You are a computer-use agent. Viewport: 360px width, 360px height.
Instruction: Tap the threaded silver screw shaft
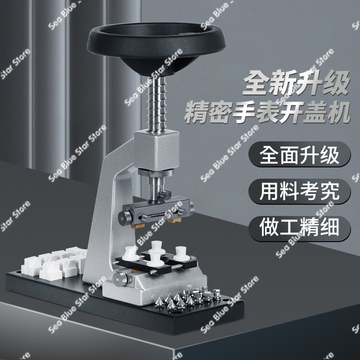[157, 104]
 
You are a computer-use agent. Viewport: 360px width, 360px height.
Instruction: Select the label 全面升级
[299, 155]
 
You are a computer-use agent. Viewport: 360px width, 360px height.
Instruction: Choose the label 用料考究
[299, 191]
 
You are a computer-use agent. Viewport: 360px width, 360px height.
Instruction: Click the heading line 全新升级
[296, 83]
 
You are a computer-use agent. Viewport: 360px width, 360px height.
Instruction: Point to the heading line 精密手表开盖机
[267, 113]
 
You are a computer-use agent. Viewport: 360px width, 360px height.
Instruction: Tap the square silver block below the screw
[157, 150]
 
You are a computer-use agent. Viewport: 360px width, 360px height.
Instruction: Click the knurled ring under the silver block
[156, 172]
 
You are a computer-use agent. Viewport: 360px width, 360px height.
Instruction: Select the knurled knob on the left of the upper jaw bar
[125, 217]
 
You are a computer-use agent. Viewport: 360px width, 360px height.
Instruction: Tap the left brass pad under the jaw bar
[138, 226]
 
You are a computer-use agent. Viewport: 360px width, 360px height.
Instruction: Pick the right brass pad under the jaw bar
[174, 220]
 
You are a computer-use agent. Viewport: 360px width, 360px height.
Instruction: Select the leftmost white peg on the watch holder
[130, 253]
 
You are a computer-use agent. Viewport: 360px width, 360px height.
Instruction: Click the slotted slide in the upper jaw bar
[160, 216]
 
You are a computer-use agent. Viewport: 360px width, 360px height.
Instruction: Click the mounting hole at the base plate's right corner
[226, 300]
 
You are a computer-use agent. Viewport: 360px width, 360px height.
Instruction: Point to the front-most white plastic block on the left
[50, 271]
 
